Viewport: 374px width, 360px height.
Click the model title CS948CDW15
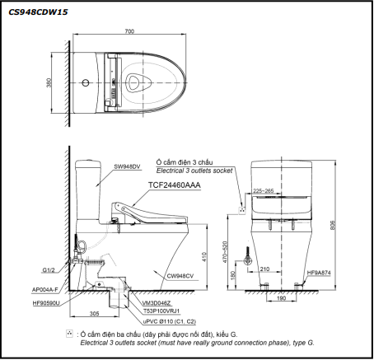pos(38,12)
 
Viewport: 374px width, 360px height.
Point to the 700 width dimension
pos(129,31)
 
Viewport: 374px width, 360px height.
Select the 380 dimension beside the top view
pos(49,83)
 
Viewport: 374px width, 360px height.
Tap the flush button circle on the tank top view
pos(86,82)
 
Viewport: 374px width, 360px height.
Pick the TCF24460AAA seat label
pos(175,185)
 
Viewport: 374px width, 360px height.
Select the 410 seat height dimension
pos(204,257)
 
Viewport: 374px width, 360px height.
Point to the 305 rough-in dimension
pos(94,314)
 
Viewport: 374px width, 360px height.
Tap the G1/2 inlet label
pos(49,270)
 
